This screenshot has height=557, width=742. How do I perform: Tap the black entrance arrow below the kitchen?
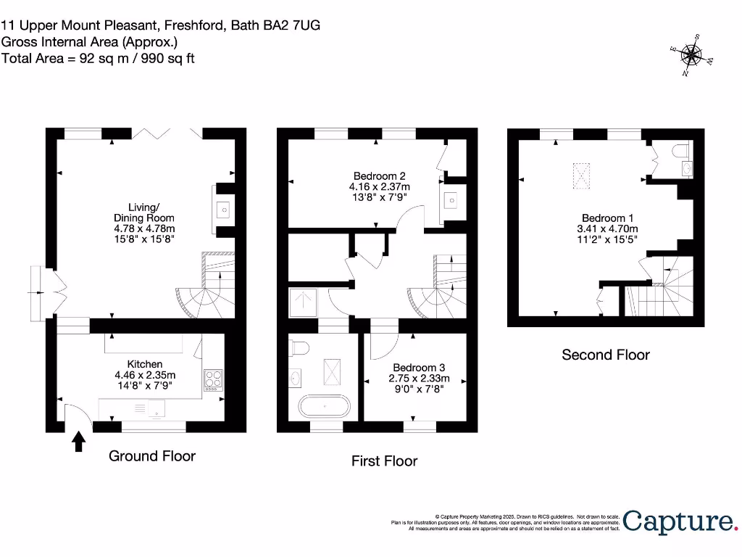78,441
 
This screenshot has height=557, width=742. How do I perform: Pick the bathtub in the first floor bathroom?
323,406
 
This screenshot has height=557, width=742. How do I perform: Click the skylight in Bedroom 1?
581,176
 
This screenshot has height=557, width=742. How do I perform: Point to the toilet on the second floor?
681,150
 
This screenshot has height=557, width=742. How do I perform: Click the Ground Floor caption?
152,455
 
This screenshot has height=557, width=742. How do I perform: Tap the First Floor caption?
384,461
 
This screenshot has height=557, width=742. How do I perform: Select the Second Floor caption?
606,355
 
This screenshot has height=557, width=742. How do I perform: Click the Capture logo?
678,521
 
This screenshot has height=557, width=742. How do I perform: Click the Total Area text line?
98,58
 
